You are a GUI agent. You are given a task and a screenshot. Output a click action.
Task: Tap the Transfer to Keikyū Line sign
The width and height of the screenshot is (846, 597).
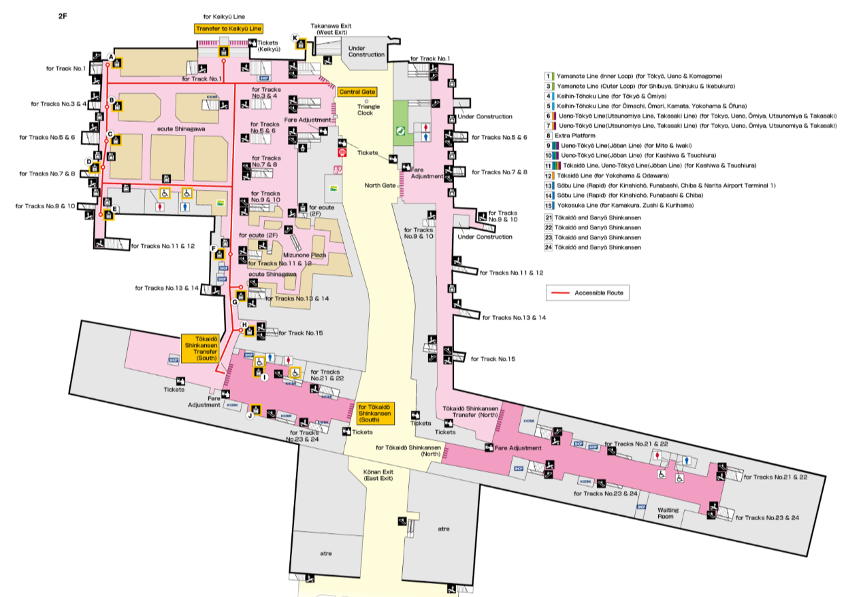tap(228, 29)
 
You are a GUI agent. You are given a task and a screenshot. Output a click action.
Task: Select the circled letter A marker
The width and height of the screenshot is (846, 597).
tap(111, 57)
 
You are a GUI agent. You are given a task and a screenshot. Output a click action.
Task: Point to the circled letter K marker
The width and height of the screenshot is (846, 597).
tap(295, 38)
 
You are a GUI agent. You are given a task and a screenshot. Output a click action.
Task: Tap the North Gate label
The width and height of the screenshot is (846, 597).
tap(380, 185)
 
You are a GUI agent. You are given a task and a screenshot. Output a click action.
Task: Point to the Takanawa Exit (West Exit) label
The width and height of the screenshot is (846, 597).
tap(330, 29)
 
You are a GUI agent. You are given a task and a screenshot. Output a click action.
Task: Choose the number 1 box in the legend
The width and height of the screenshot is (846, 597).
tap(548, 76)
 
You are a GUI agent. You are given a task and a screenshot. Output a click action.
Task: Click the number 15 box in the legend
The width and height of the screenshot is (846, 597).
tap(548, 205)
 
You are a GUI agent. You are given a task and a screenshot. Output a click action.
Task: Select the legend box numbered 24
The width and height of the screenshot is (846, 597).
tap(548, 247)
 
